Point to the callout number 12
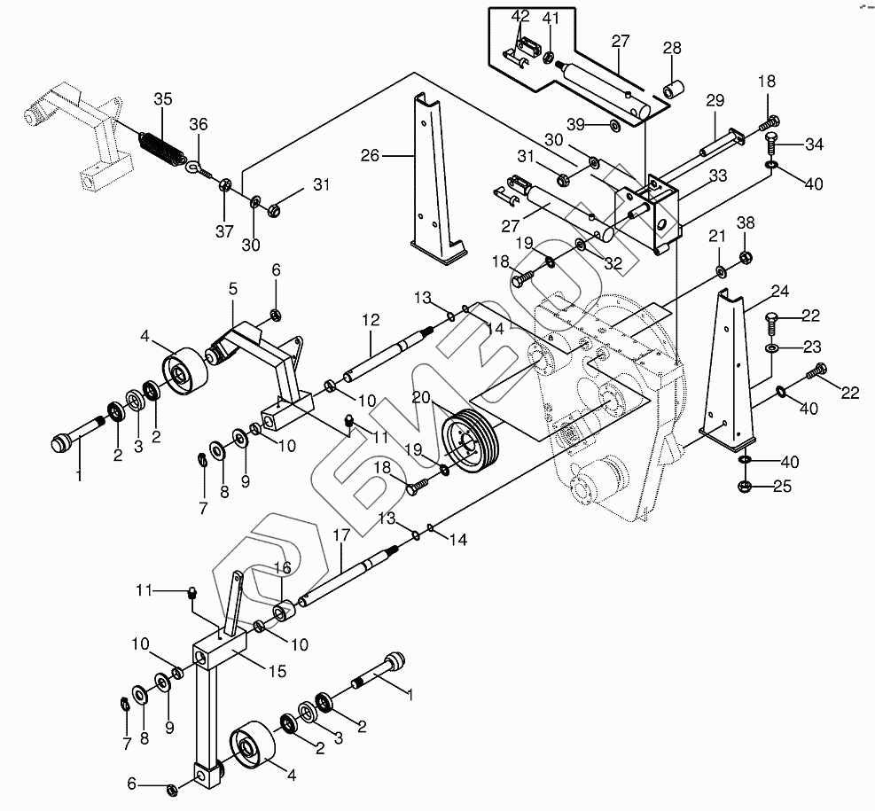pos(370,319)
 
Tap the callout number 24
pos(780,291)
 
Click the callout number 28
pos(672,48)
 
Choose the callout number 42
pos(520,16)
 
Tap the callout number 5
pos(233,288)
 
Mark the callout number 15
pos(277,673)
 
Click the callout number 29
pos(715,100)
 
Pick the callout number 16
pos(281,566)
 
